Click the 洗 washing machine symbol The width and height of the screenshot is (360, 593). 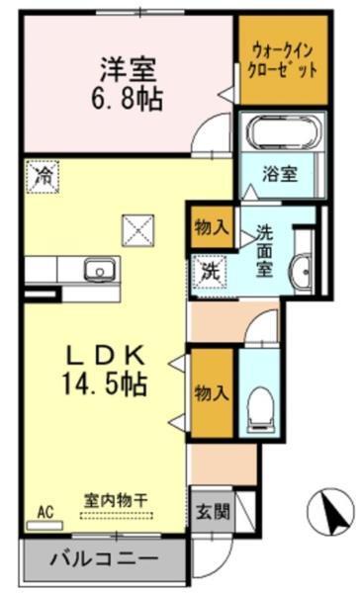[x=212, y=268]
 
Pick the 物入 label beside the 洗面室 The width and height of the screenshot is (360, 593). [x=212, y=227]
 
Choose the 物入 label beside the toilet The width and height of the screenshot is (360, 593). [x=212, y=392]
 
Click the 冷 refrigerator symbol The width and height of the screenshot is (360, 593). [x=44, y=176]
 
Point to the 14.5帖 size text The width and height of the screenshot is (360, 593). [x=107, y=384]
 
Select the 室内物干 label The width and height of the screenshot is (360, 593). [x=115, y=500]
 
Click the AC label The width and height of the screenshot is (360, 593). [x=45, y=511]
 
